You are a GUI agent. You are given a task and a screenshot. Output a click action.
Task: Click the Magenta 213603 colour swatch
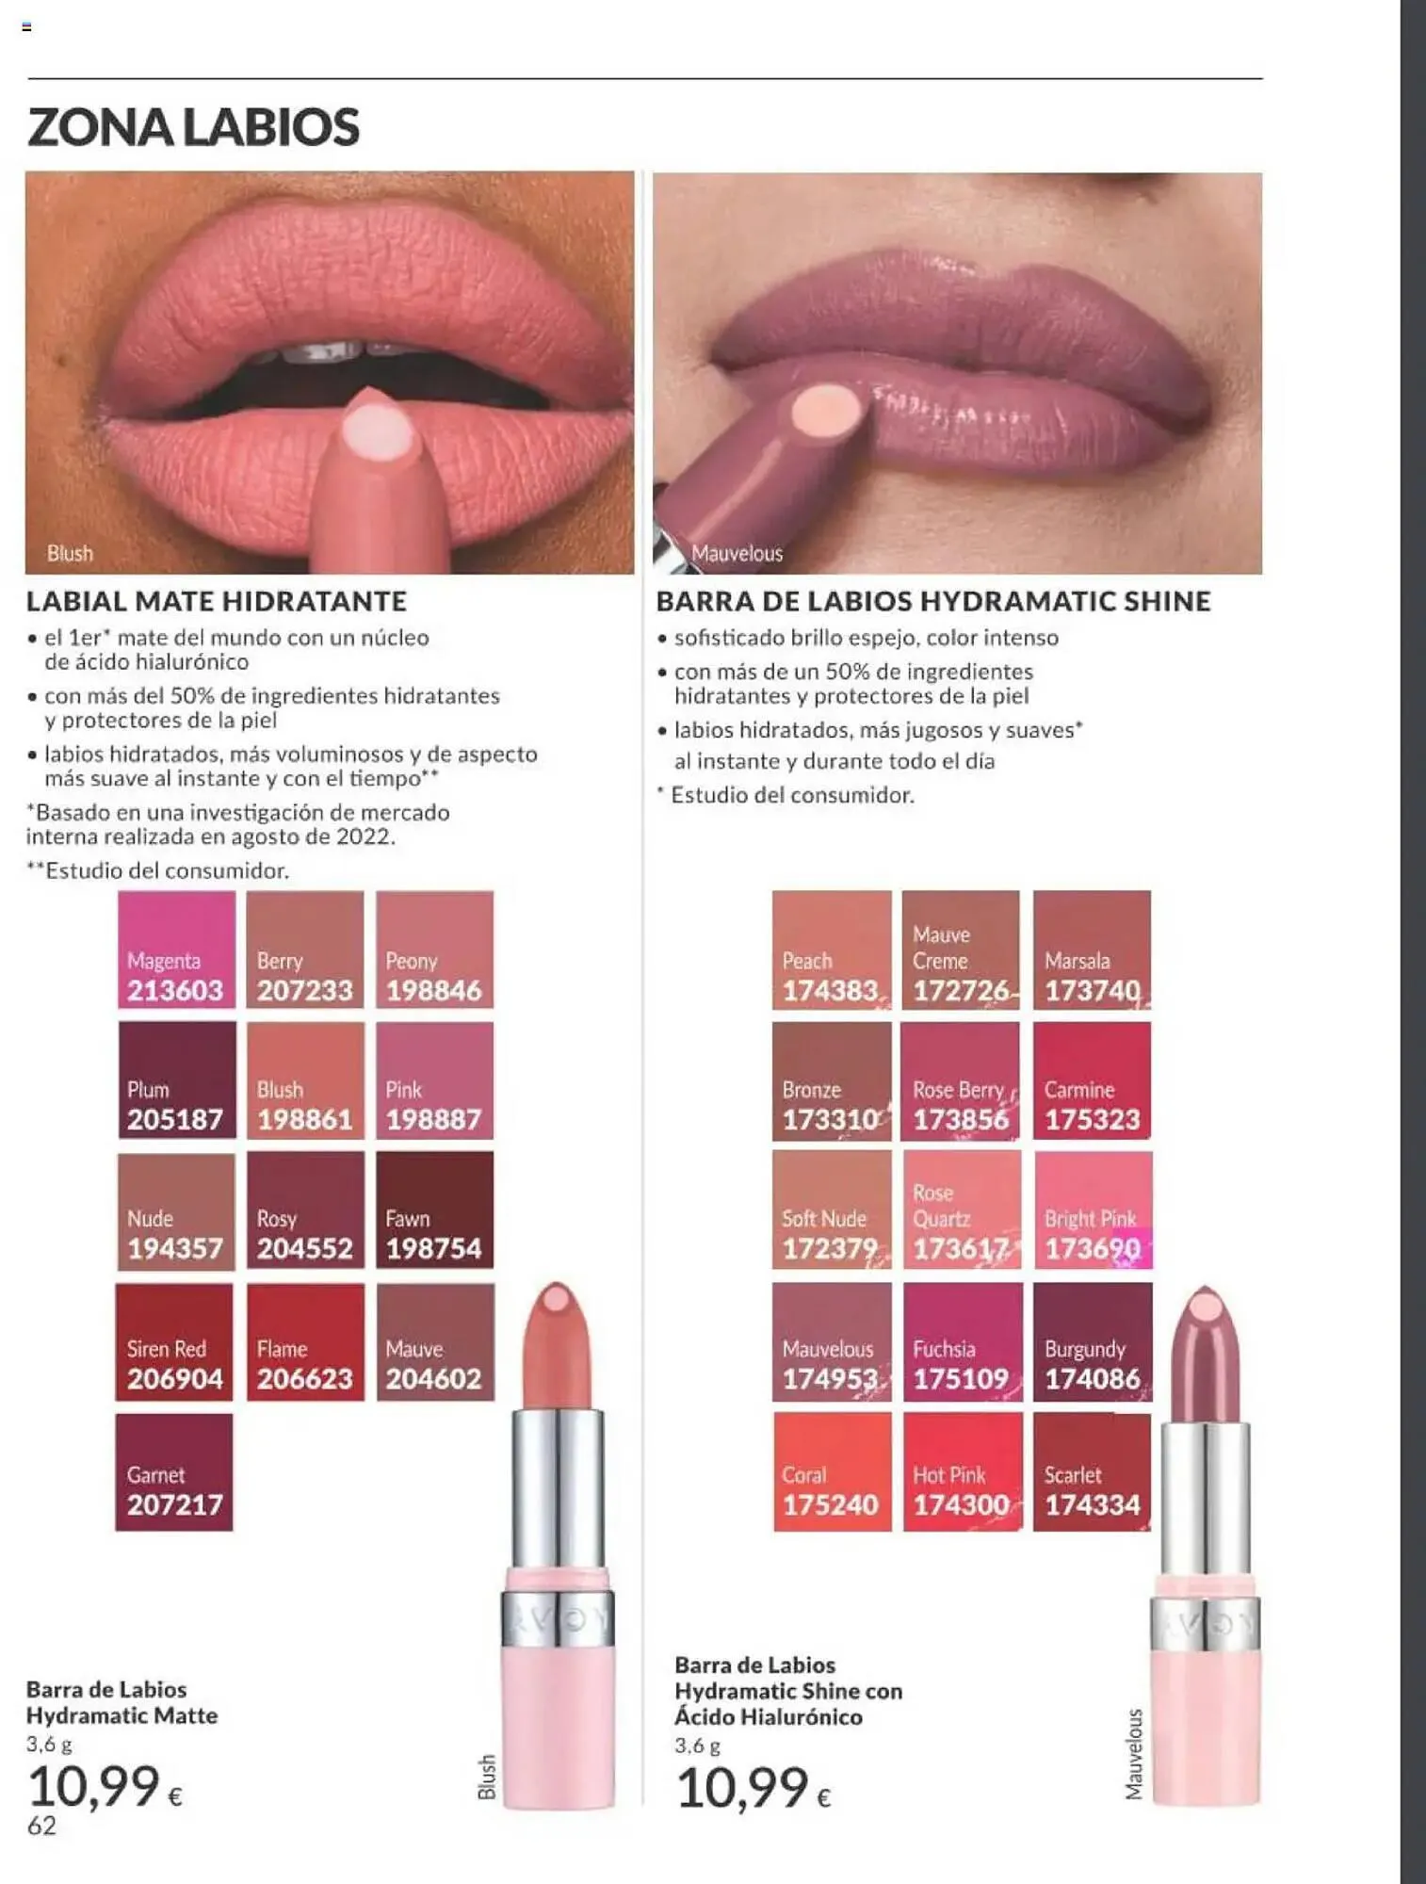(x=176, y=950)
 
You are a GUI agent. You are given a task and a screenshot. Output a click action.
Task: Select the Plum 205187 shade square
(x=176, y=1080)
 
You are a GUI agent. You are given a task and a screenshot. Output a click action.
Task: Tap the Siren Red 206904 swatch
(x=174, y=1341)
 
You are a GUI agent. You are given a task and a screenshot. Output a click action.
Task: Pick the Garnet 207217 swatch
(x=174, y=1471)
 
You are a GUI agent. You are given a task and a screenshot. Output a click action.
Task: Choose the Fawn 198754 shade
(x=434, y=1210)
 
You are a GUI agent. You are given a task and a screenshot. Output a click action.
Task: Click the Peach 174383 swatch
(x=832, y=950)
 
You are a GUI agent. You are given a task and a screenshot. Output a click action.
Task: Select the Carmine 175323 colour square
(x=1092, y=1080)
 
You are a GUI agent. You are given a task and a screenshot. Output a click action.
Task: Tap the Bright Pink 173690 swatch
(x=1093, y=1210)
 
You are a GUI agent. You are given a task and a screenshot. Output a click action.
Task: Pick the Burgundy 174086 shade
(x=1093, y=1341)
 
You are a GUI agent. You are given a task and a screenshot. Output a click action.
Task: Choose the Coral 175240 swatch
(x=832, y=1471)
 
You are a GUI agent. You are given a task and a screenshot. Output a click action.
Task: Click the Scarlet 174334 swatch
(x=1092, y=1471)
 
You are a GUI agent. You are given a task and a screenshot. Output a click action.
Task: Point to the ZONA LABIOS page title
(x=194, y=127)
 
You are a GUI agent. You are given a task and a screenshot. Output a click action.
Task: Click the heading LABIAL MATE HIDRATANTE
(x=217, y=601)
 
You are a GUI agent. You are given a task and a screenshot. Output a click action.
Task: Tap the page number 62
(x=41, y=1826)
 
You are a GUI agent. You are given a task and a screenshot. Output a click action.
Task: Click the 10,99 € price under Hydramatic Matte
(x=105, y=1786)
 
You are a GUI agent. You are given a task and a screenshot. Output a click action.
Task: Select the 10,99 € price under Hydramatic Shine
(x=754, y=1788)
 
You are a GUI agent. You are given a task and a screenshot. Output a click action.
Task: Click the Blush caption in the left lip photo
(x=71, y=554)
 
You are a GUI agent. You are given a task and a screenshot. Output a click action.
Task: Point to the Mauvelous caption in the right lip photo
(x=737, y=554)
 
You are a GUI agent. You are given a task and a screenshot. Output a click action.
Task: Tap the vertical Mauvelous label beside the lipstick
(x=1135, y=1754)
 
